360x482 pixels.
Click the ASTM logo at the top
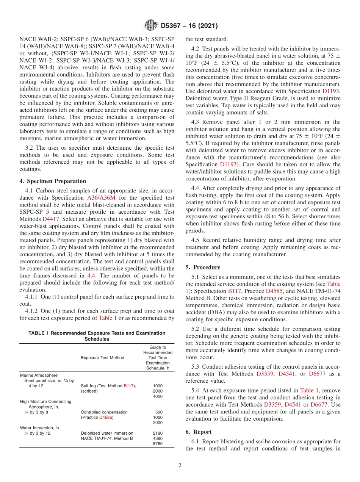point(151,26)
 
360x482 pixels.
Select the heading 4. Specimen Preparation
point(53,181)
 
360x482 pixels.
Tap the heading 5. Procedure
point(203,267)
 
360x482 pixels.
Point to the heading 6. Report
point(199,432)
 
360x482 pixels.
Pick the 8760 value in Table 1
point(157,444)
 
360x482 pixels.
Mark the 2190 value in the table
point(157,433)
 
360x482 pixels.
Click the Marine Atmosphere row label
point(39,375)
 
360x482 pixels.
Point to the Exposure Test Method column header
point(102,357)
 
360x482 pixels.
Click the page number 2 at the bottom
point(180,465)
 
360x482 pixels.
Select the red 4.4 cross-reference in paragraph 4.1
point(91,276)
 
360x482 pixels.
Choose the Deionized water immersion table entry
point(107,433)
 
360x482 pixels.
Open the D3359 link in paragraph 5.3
point(264,374)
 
